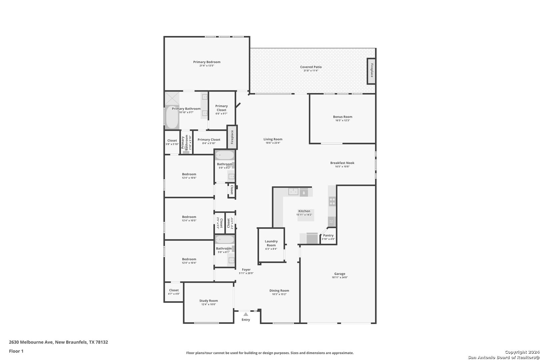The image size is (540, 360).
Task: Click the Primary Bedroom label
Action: point(207,62)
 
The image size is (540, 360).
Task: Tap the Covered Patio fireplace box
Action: point(371,71)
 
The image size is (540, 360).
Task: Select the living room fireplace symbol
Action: point(232,137)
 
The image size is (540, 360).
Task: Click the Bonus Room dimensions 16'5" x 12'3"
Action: point(343,120)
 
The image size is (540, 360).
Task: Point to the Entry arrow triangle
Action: point(246,314)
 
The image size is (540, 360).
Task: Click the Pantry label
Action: point(328,235)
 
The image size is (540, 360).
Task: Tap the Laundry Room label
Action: point(271,243)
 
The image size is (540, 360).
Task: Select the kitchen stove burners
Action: point(332,201)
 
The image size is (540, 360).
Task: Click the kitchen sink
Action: point(293,192)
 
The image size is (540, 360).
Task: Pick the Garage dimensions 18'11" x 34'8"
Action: point(340,277)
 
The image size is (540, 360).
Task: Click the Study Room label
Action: point(209,301)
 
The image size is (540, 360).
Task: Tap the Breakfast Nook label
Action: point(342,163)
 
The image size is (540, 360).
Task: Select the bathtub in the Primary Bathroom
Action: point(172,117)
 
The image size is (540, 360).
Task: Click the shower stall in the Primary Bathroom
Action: point(172,98)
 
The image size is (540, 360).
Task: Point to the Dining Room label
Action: point(279,291)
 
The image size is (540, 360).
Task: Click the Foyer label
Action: point(246,270)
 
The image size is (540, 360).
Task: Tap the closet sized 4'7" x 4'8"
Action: point(174,292)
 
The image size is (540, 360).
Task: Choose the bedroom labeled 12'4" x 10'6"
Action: point(189,176)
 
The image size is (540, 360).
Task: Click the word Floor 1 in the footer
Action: point(16,351)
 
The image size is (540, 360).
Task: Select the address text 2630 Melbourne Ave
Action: point(31,342)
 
